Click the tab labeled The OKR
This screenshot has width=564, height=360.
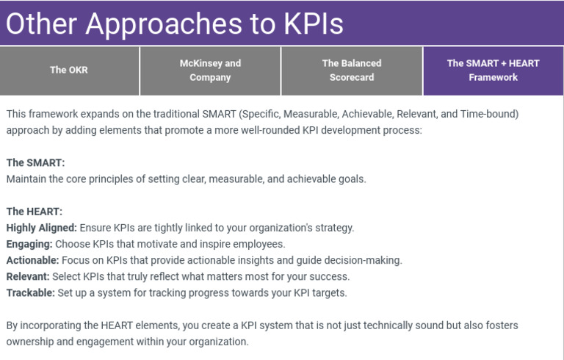(69, 71)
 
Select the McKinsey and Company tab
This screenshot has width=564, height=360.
(210, 71)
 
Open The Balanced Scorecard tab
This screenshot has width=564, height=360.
(352, 71)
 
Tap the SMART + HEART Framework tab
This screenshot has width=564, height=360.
(493, 71)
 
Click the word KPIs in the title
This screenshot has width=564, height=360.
(313, 24)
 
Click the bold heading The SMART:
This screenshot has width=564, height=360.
(35, 163)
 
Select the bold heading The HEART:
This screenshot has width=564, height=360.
(35, 212)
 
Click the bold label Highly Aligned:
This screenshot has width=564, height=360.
(41, 228)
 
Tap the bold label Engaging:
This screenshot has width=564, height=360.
(29, 244)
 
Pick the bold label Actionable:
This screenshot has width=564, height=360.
(32, 260)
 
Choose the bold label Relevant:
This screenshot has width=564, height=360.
(28, 276)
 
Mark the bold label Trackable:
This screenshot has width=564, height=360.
(30, 292)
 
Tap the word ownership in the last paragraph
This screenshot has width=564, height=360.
(31, 342)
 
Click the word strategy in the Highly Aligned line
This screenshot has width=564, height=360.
(334, 228)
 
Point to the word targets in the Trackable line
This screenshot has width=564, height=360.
(328, 292)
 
